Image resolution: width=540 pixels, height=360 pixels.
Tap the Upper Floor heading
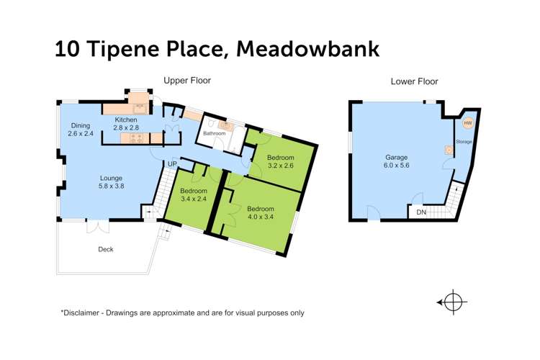tap(187, 81)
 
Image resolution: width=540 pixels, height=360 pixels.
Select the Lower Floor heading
tap(414, 81)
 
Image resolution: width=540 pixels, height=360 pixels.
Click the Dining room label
tap(81, 125)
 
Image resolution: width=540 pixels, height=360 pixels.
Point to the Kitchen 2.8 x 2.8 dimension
tap(126, 127)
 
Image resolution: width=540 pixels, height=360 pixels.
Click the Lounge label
tap(111, 178)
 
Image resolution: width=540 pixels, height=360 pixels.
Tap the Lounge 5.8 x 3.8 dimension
tap(111, 186)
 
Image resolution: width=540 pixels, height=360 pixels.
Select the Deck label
tap(106, 250)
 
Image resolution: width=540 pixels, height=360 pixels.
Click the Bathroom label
tap(214, 133)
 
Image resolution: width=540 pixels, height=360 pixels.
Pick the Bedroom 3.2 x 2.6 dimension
tap(281, 166)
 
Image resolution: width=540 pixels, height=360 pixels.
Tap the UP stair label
tap(172, 164)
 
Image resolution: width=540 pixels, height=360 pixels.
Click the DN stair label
tap(420, 212)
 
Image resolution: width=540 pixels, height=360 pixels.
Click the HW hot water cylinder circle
tap(467, 123)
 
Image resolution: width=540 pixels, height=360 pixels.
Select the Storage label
tap(464, 142)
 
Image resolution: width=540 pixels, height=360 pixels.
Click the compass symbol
tap(452, 302)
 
